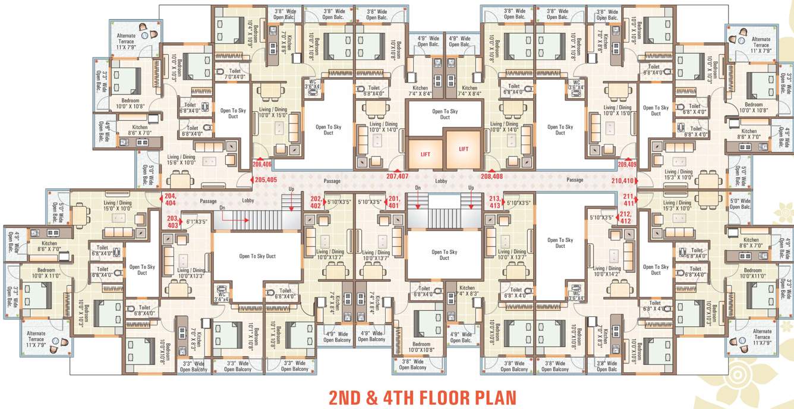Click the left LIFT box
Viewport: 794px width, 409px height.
425,153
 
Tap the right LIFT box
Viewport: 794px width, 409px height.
464,149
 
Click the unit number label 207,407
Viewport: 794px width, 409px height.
397,176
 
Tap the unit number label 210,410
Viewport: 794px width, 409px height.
623,180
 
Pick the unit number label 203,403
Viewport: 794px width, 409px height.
172,222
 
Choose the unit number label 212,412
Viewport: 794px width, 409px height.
625,218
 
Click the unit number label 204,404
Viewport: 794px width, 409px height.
171,199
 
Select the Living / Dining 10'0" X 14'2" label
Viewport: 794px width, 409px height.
606,272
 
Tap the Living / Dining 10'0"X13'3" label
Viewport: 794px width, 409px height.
191,273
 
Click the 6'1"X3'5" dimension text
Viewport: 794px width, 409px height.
197,222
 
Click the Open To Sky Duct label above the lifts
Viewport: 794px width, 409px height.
445,114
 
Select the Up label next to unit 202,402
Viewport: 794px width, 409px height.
291,188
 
